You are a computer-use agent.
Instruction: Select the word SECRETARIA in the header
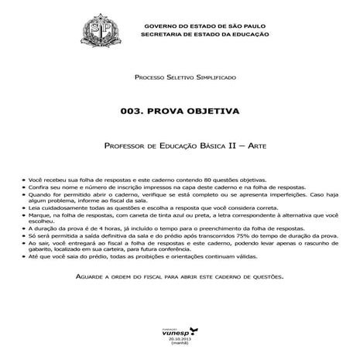(x=165, y=36)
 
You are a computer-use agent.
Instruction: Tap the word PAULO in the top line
(x=255, y=27)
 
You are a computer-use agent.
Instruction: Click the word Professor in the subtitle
(x=127, y=146)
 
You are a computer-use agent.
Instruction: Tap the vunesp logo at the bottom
(x=180, y=328)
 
